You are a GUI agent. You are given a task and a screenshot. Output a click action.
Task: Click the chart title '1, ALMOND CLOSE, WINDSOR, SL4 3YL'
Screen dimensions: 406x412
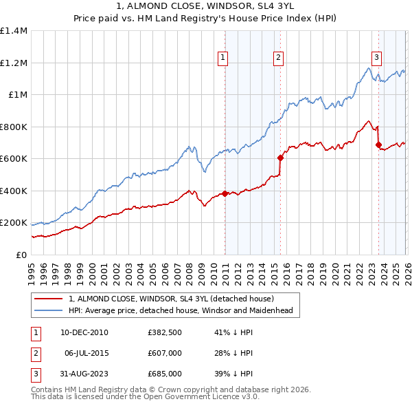(x=206, y=8)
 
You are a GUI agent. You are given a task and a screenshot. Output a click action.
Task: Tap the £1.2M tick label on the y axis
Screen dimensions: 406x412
(x=14, y=63)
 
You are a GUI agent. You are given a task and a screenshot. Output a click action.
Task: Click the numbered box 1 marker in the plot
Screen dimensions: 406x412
(x=224, y=58)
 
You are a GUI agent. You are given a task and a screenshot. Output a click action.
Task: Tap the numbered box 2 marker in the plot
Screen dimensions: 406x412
(x=279, y=58)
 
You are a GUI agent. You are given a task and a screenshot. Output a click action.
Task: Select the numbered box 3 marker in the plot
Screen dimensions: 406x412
(x=377, y=58)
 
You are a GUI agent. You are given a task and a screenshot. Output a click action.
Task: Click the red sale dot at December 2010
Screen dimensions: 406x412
(x=225, y=193)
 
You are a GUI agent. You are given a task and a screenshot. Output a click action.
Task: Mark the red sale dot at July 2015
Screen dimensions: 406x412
(x=280, y=158)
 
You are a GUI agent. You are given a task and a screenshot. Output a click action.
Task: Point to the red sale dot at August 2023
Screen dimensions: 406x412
(x=378, y=145)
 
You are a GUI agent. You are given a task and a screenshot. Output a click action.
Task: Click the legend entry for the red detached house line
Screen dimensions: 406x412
(x=171, y=299)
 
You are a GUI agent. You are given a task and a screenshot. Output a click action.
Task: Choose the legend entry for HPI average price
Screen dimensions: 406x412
(x=181, y=310)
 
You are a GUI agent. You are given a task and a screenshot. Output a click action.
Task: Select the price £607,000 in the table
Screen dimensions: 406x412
(x=164, y=353)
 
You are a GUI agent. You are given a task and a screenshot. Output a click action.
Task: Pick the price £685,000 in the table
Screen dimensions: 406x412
(x=164, y=374)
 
